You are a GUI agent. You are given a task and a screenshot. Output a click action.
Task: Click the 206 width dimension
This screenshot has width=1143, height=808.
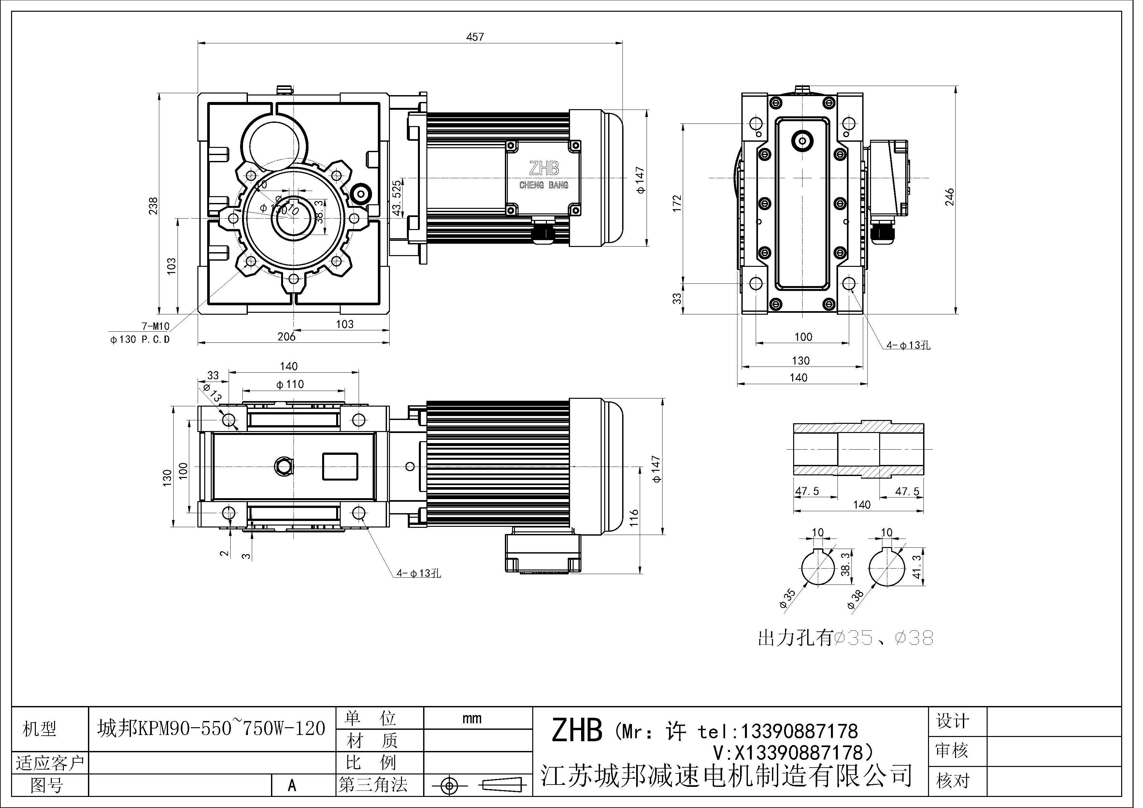pyautogui.click(x=286, y=337)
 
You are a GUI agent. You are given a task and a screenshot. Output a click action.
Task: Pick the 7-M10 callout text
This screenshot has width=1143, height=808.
pyautogui.click(x=155, y=326)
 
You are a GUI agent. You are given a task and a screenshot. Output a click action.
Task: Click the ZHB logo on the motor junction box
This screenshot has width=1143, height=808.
pyautogui.click(x=544, y=169)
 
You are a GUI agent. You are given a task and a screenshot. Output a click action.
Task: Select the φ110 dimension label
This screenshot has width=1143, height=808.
pyautogui.click(x=290, y=384)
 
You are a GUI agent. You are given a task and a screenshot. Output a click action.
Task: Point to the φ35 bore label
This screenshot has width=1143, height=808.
pyautogui.click(x=787, y=599)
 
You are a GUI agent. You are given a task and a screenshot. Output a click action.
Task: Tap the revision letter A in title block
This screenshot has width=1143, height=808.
pyautogui.click(x=292, y=785)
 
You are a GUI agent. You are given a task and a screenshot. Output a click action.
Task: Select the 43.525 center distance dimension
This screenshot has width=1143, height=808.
pyautogui.click(x=396, y=198)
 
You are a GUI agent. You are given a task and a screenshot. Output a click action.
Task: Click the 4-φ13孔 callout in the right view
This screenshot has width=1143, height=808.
pyautogui.click(x=908, y=345)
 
